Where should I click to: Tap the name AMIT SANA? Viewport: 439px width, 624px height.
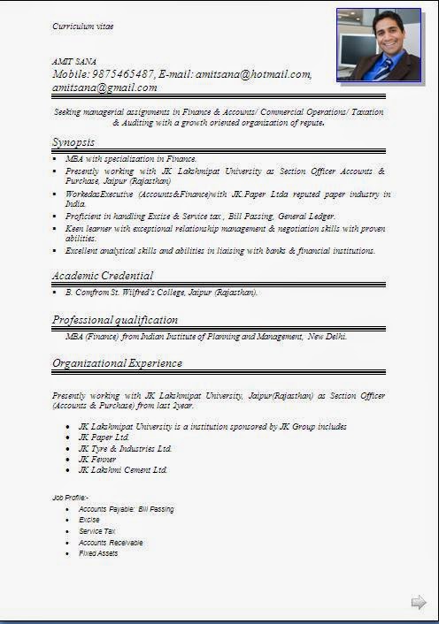click(74, 61)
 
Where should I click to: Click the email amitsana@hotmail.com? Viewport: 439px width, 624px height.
click(253, 74)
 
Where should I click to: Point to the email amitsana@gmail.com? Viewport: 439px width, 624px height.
click(104, 88)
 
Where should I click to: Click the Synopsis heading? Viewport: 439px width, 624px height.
click(73, 142)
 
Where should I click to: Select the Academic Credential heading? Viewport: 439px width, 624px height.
click(103, 276)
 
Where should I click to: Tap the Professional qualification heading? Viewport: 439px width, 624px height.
click(115, 320)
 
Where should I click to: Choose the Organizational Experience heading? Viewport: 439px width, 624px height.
click(117, 363)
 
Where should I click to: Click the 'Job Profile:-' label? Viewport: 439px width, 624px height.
click(71, 498)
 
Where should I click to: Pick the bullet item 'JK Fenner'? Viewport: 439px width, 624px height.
click(97, 460)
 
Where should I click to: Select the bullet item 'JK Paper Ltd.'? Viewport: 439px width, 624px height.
click(104, 438)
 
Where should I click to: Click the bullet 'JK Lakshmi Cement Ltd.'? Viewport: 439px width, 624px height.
click(122, 470)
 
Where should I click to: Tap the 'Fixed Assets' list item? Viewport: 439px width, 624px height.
click(98, 553)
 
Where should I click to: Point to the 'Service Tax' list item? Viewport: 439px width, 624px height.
click(97, 531)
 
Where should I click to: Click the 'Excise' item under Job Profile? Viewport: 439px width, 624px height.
click(89, 520)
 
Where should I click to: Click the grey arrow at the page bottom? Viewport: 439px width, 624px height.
click(419, 603)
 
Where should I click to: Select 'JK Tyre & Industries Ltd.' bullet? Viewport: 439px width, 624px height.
click(125, 449)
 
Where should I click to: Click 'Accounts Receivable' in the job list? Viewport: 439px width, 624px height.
click(111, 543)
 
